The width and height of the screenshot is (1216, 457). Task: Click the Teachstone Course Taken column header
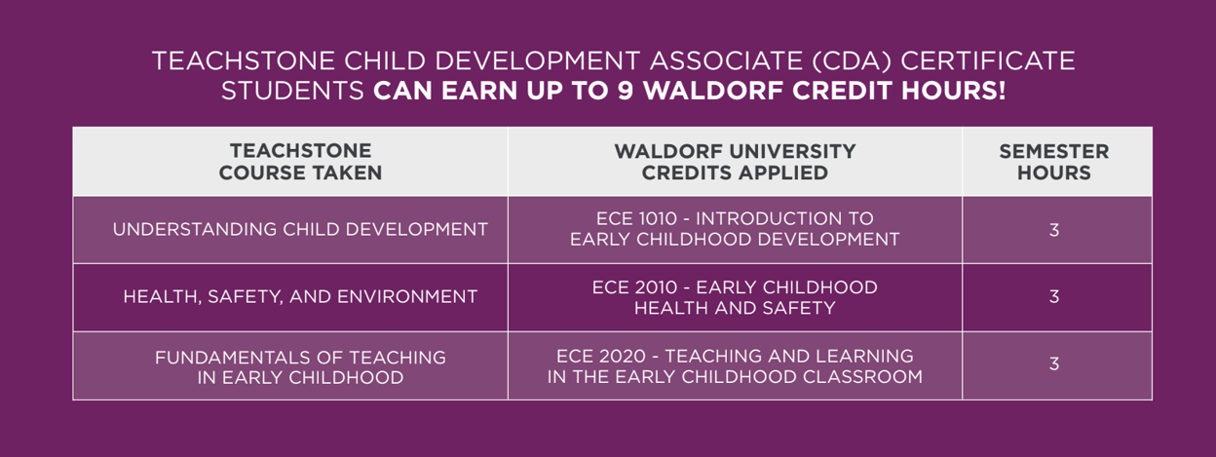pyautogui.click(x=300, y=162)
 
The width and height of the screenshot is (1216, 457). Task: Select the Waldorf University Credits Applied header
pyautogui.click(x=735, y=162)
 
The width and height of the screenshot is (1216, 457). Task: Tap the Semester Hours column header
pyautogui.click(x=1053, y=162)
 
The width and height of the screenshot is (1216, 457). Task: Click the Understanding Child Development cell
pyautogui.click(x=300, y=230)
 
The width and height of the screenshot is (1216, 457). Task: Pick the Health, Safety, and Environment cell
pyautogui.click(x=300, y=297)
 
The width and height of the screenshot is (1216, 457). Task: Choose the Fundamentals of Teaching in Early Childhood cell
pyautogui.click(x=300, y=366)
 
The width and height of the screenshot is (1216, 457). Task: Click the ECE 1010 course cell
pyautogui.click(x=735, y=229)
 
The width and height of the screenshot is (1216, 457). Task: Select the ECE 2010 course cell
pyautogui.click(x=735, y=297)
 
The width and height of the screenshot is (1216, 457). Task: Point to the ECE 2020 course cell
pyautogui.click(x=735, y=366)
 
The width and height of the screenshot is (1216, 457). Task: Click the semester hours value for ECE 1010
pyautogui.click(x=1053, y=230)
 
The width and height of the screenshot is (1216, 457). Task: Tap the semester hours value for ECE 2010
pyautogui.click(x=1053, y=297)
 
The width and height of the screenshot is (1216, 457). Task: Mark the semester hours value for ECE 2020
pyautogui.click(x=1053, y=364)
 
